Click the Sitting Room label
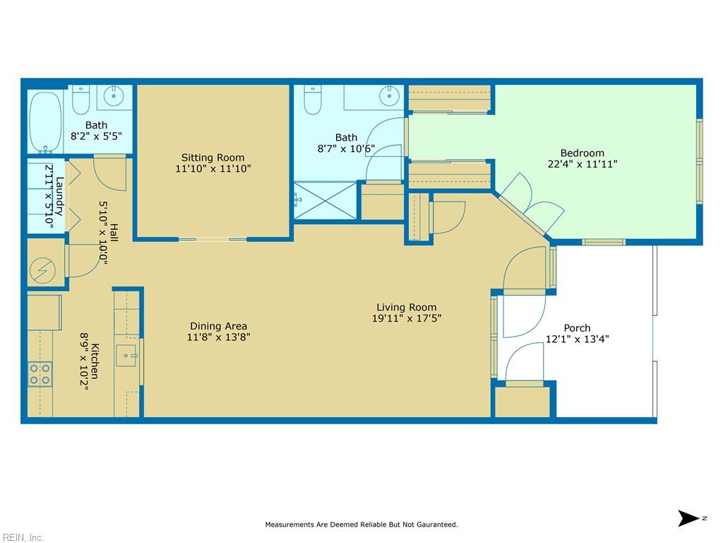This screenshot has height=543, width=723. (x=213, y=158)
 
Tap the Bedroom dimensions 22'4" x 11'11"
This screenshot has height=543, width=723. (x=582, y=164)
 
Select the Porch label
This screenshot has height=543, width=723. (x=577, y=328)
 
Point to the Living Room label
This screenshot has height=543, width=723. (x=406, y=307)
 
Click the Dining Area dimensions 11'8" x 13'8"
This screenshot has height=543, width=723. (x=219, y=337)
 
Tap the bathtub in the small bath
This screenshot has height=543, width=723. (x=45, y=122)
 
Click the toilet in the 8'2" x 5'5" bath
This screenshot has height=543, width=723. (x=80, y=100)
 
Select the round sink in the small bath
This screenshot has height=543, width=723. (x=114, y=96)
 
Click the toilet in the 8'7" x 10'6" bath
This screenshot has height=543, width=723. (x=313, y=100)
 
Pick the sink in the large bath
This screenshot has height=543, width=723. (x=389, y=96)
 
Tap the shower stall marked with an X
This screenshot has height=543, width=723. (x=325, y=200)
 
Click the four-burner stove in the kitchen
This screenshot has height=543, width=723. (x=40, y=374)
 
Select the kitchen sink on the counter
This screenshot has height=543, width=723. (x=126, y=356)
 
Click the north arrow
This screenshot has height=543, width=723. (x=689, y=518)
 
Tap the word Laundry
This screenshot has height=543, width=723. (x=60, y=197)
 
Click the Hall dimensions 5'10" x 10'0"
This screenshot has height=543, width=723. (x=103, y=233)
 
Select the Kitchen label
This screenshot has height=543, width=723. (x=95, y=361)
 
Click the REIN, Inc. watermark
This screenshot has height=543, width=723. (x=22, y=537)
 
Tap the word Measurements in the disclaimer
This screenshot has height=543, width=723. (x=289, y=525)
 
